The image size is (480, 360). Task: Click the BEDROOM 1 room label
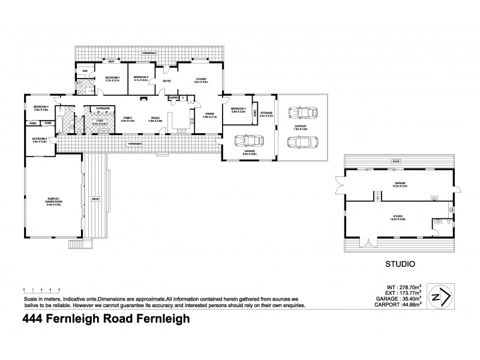[113, 78]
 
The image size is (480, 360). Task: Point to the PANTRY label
[173, 97]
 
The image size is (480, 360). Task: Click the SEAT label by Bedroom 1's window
[112, 62]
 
